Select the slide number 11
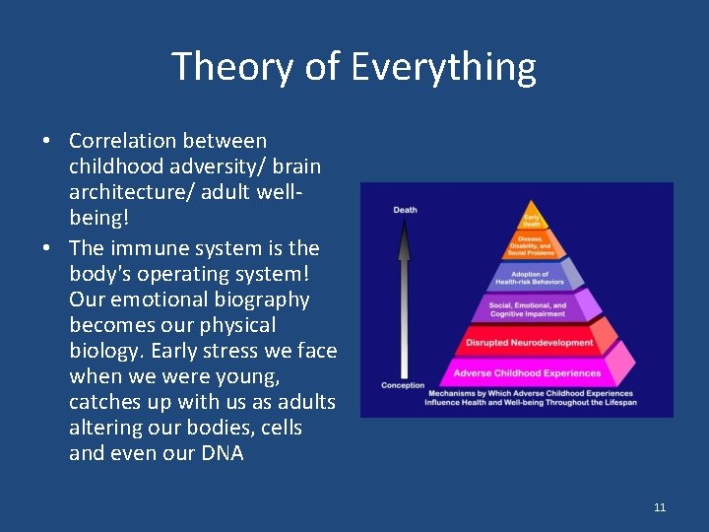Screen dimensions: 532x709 point(659,507)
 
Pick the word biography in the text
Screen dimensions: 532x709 point(256,299)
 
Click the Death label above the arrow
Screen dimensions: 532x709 point(405,210)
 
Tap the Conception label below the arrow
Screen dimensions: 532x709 point(403,385)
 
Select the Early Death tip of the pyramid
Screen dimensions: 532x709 point(532,220)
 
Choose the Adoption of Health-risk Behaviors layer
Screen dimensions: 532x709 point(531,278)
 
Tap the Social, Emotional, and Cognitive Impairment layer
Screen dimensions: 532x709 point(529,310)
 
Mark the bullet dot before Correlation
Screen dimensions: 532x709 point(47,142)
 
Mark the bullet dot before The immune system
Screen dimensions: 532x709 point(47,248)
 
